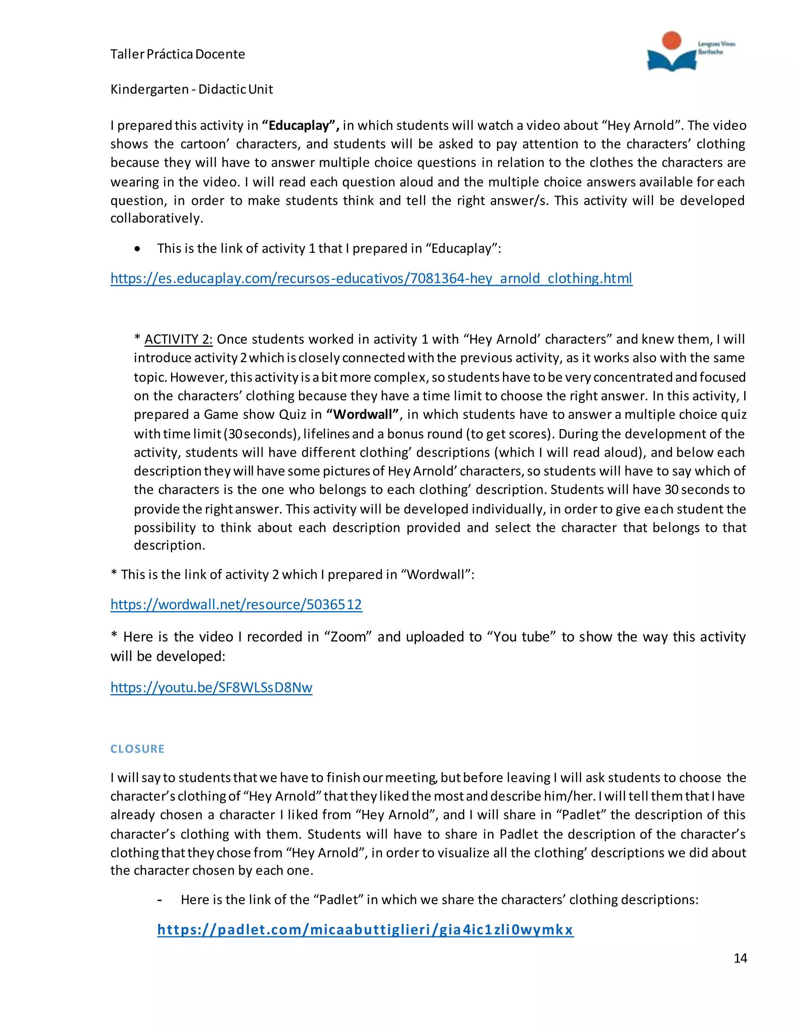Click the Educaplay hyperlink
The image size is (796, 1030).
[371, 278]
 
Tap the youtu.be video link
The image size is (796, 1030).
[211, 687]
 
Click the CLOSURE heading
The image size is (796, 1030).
[137, 749]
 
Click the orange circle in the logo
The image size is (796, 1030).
[671, 40]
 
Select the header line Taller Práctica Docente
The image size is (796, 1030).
[177, 54]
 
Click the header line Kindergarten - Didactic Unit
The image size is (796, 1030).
[192, 89]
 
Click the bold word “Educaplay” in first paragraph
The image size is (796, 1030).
[300, 126]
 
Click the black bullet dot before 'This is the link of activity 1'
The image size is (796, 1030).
[137, 249]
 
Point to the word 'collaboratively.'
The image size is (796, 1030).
[157, 218]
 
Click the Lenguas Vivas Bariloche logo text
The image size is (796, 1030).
[716, 48]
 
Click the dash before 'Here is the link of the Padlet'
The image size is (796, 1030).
[160, 900]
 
